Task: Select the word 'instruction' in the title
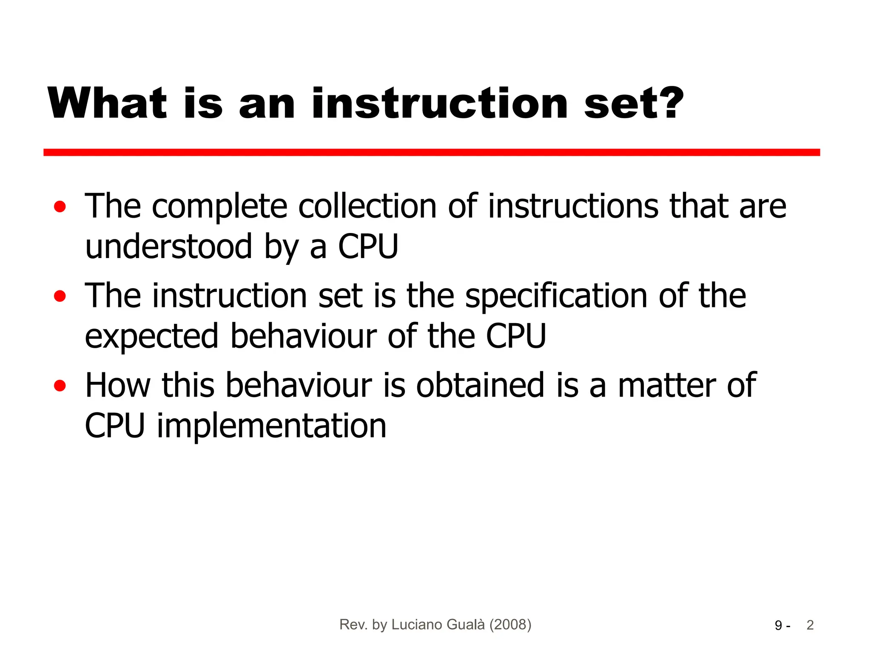(440, 103)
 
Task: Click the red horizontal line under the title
(431, 153)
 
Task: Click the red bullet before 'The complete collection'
(60, 207)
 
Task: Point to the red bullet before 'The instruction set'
(60, 296)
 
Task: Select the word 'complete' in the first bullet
(219, 207)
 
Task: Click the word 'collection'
(367, 206)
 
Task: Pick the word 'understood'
(169, 247)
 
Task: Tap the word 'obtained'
(480, 385)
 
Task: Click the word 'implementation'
(272, 426)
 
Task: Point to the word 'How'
(118, 385)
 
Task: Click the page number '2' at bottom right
(810, 625)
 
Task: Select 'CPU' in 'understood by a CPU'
(368, 247)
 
